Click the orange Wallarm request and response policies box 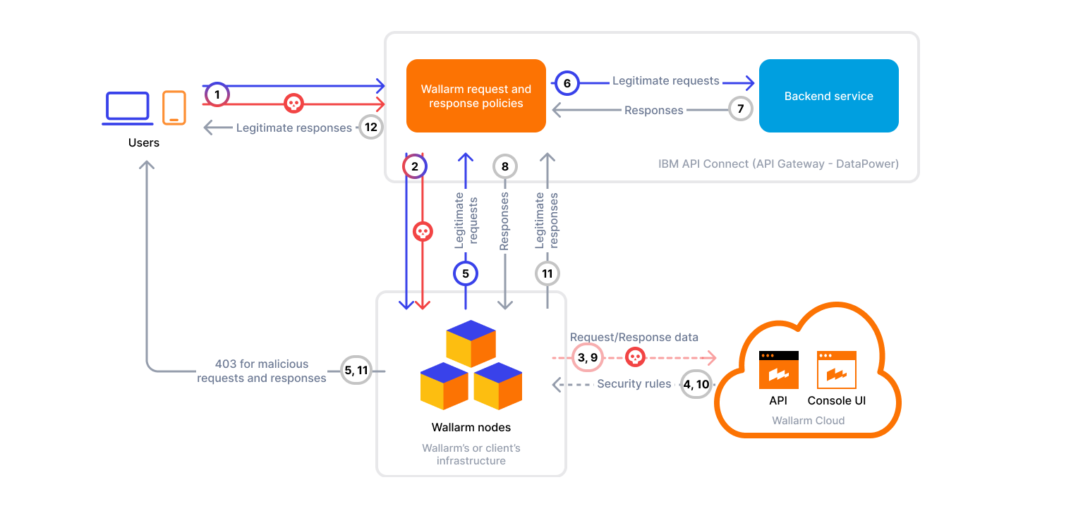click(476, 96)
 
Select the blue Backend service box click(828, 96)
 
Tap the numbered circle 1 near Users click(217, 94)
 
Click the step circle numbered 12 click(371, 128)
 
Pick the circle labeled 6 click(567, 82)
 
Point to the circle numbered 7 click(740, 109)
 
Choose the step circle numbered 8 click(504, 167)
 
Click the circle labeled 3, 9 click(584, 357)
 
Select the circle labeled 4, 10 click(696, 385)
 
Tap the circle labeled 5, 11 click(356, 370)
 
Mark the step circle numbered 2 click(415, 167)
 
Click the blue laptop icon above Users click(128, 108)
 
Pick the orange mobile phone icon click(174, 108)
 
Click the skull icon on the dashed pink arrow click(635, 357)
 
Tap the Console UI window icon click(836, 370)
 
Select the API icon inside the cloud click(778, 370)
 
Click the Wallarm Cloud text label click(808, 421)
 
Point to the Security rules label click(634, 384)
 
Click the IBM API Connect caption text click(778, 164)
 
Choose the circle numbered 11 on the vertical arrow click(547, 273)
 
